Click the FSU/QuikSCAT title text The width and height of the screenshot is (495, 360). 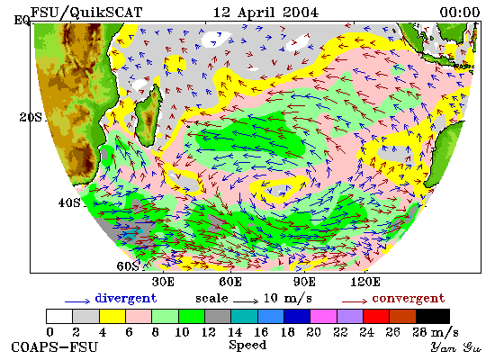86,13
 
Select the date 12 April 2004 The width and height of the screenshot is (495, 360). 265,13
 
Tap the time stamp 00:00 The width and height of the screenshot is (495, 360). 460,13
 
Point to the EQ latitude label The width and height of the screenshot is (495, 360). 22,21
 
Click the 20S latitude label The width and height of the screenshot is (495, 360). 31,118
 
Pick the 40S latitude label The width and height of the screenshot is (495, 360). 69,202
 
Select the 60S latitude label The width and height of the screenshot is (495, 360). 128,266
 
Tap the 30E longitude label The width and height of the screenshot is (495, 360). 163,282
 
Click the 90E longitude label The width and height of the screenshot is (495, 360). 304,282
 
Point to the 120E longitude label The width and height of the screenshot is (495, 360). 364,282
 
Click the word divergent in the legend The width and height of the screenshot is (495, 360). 126,299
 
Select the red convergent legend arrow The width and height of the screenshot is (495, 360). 355,301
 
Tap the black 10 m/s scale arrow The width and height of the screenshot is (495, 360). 246,301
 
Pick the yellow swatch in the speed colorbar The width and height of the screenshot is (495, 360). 112,317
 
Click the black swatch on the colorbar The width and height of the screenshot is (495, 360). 433,317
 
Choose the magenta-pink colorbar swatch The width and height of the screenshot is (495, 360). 323,317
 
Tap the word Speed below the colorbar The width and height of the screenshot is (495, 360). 247,346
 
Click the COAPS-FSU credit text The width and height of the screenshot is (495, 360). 54,347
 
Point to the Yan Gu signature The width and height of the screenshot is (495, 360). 456,347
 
